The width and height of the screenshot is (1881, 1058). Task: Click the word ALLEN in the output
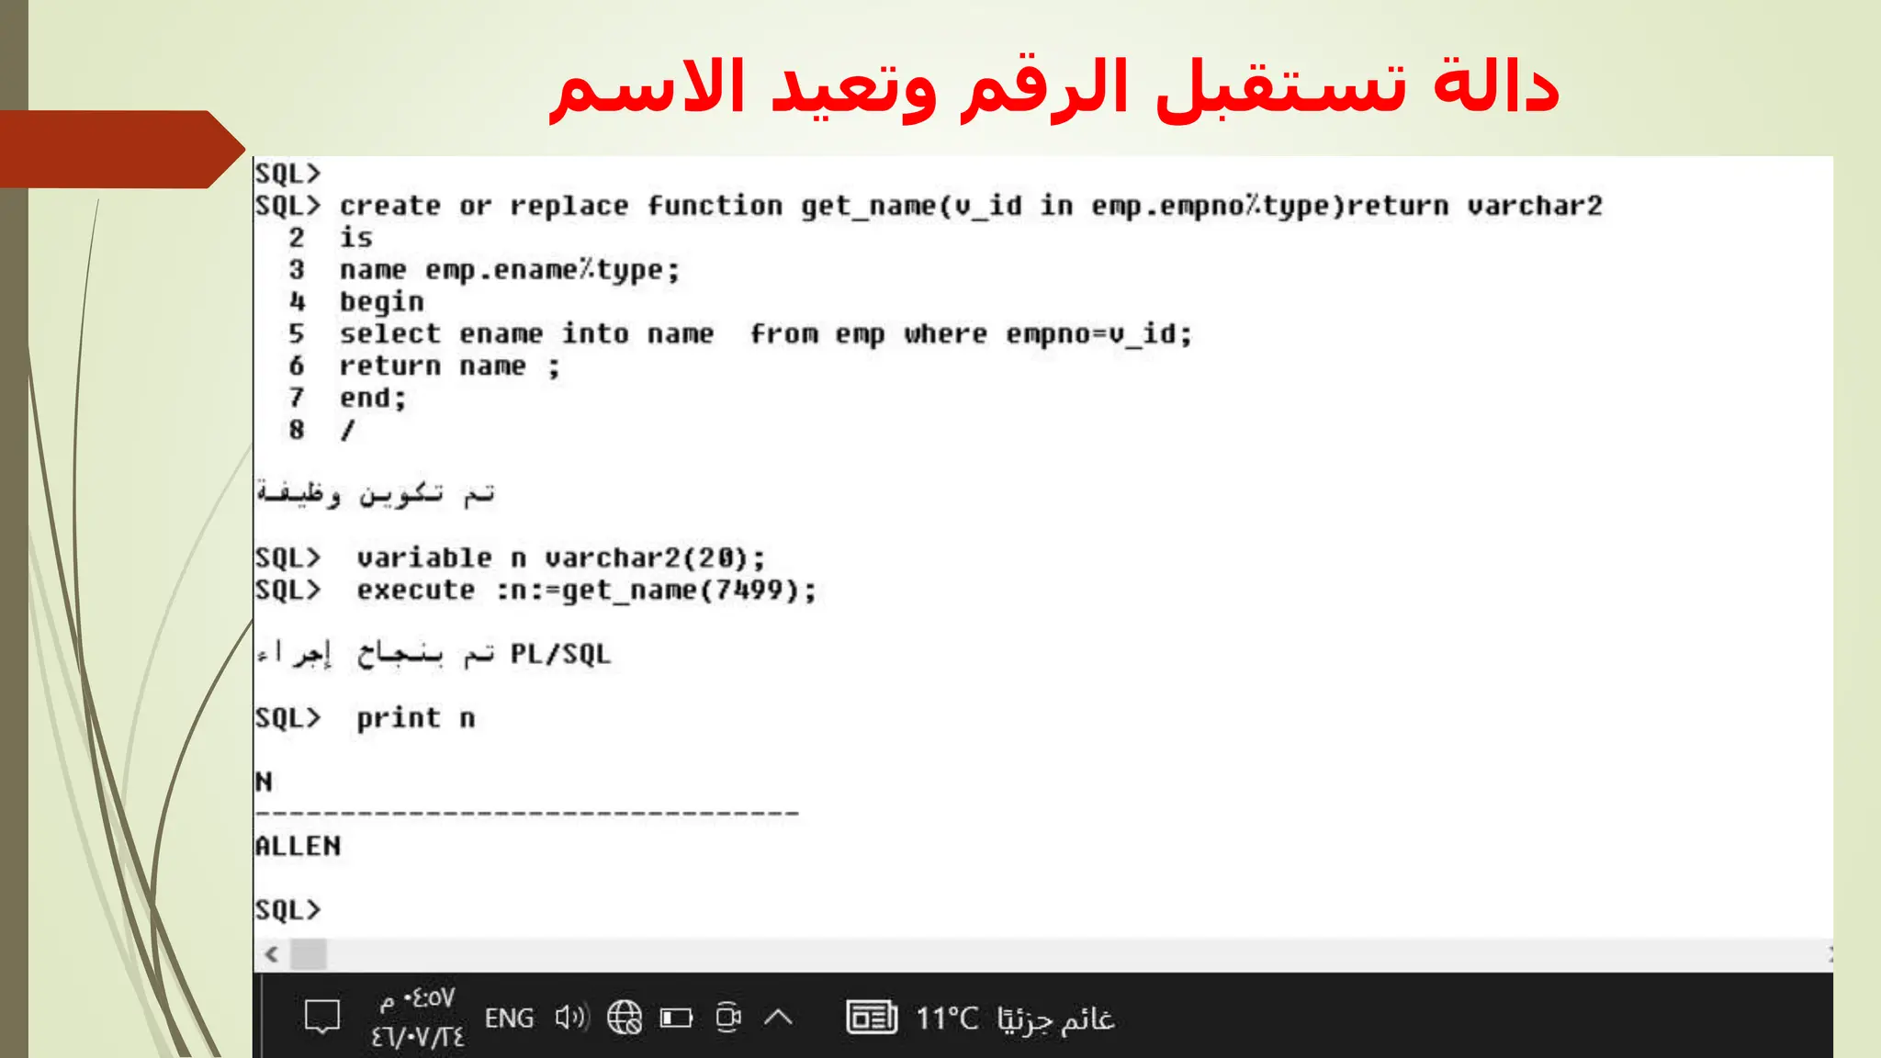(x=298, y=846)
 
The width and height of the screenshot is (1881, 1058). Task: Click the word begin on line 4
(x=382, y=302)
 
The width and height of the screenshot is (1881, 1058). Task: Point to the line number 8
(x=296, y=430)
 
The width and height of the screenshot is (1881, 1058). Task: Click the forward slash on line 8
(x=347, y=430)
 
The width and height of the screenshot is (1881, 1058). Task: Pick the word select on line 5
(x=390, y=334)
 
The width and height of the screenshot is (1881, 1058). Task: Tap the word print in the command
(x=399, y=718)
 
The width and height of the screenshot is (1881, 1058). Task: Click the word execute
(x=416, y=590)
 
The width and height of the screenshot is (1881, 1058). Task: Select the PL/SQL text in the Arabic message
(x=560, y=654)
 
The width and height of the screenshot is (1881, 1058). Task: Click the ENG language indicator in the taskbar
(x=509, y=1018)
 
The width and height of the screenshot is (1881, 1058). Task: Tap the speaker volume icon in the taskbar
(x=571, y=1018)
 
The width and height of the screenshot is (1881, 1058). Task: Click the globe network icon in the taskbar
(x=625, y=1018)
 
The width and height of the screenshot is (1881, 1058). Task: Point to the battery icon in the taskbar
(x=676, y=1018)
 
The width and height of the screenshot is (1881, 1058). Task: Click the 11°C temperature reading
(x=947, y=1018)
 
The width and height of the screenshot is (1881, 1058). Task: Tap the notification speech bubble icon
(x=322, y=1018)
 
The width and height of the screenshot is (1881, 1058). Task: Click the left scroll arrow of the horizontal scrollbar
(x=272, y=954)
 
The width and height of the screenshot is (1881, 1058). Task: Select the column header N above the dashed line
(x=265, y=782)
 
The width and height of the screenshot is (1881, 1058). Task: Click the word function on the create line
(x=715, y=206)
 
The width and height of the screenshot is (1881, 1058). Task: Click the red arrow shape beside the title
(x=119, y=149)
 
